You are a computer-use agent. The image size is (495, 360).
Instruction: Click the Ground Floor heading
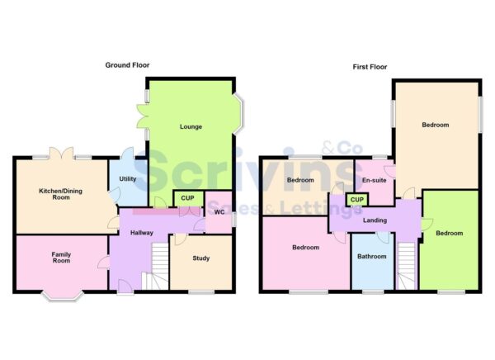(x=127, y=64)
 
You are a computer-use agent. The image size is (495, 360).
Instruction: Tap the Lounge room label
(x=191, y=126)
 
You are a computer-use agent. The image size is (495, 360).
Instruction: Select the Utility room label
(x=127, y=178)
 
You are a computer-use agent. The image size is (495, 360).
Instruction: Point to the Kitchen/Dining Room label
(x=60, y=194)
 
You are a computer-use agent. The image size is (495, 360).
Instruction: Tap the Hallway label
(x=142, y=233)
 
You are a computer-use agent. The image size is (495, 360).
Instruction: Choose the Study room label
(x=201, y=258)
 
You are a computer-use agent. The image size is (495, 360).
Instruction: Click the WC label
(x=219, y=212)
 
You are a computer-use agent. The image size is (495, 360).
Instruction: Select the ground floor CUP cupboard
(x=188, y=199)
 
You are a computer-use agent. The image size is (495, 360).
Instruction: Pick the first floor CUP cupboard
(x=357, y=200)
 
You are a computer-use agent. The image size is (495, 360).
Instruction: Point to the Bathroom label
(x=371, y=257)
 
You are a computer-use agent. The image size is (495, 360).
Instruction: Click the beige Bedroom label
(x=435, y=126)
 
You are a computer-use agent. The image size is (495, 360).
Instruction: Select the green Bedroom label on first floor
(x=450, y=233)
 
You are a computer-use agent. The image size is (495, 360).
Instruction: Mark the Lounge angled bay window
(x=239, y=115)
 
